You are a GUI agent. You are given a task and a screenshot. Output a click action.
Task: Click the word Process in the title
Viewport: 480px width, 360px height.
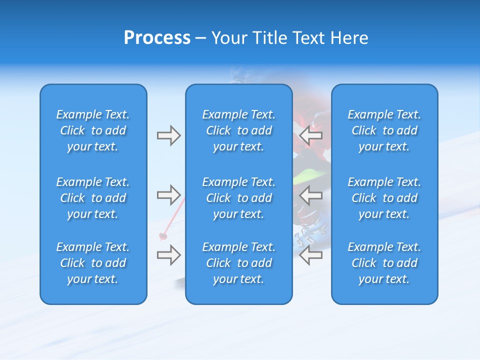(157, 38)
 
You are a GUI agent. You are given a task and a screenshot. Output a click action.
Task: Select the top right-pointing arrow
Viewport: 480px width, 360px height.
(168, 135)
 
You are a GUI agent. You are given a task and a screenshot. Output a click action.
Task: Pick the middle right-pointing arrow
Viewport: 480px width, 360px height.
(168, 195)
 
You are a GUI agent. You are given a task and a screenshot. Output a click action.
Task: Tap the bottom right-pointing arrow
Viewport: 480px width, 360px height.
(168, 255)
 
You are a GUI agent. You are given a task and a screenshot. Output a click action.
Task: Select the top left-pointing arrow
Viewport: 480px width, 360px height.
(310, 135)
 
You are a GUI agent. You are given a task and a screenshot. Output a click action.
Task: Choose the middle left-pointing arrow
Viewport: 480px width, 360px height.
(310, 195)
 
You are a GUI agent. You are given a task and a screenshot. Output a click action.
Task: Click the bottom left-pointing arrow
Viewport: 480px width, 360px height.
(310, 255)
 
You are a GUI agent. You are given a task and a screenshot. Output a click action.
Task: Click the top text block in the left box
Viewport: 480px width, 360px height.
(93, 130)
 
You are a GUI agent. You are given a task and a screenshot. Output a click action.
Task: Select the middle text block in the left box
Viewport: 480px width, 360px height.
(93, 198)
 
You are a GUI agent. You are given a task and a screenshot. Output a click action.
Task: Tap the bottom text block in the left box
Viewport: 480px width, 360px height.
(93, 263)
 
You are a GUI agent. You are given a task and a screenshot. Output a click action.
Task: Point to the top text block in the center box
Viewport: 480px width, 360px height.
(238, 130)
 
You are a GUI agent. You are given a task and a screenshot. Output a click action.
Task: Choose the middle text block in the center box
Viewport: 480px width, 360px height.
(238, 198)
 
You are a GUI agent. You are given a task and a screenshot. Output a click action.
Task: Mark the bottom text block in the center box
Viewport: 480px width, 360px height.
(238, 263)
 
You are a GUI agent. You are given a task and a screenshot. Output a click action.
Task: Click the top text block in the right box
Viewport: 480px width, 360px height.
(384, 130)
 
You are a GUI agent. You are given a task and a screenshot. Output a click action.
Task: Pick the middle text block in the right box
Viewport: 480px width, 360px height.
(384, 198)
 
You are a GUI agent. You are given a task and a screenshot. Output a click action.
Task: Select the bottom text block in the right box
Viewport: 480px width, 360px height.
(384, 263)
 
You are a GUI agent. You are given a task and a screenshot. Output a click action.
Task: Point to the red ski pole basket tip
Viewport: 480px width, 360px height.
(162, 235)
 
